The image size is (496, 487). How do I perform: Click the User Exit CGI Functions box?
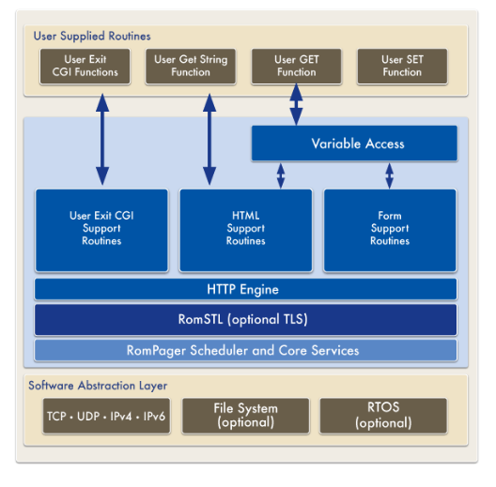(x=85, y=66)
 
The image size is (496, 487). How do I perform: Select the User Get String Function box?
(x=191, y=66)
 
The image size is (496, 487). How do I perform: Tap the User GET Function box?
(x=297, y=66)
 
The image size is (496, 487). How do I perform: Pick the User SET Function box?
(x=402, y=66)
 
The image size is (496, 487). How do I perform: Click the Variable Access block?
(x=354, y=144)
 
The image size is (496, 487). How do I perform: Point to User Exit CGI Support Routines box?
(x=101, y=230)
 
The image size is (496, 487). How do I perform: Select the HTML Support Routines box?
(x=246, y=230)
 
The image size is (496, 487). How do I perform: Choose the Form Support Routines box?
(x=390, y=230)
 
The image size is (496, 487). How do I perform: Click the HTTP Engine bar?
(x=246, y=289)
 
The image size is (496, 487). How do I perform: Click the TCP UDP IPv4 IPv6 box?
(x=106, y=416)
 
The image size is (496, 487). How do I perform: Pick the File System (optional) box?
(x=246, y=416)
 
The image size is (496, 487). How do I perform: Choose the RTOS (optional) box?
(x=383, y=416)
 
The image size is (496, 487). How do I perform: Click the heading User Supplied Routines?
(x=92, y=36)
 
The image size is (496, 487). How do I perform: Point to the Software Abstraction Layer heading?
(x=98, y=386)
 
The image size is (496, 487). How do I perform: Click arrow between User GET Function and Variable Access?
(x=296, y=104)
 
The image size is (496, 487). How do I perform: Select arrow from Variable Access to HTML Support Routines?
(x=281, y=175)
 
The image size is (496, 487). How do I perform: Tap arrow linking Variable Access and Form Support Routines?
(x=390, y=175)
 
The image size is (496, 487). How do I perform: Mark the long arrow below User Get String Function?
(x=209, y=139)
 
